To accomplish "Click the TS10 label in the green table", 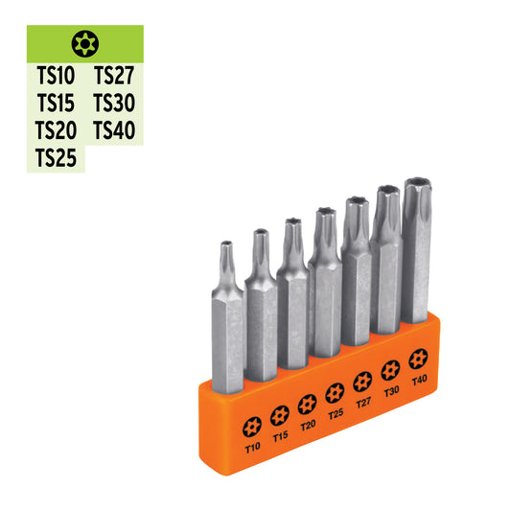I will (56, 76).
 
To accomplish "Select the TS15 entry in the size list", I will (56, 103).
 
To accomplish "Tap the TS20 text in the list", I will (56, 129).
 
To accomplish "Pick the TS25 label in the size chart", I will (56, 157).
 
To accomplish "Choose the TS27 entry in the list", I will (114, 76).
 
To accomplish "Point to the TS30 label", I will (114, 103).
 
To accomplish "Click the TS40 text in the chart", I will (114, 129).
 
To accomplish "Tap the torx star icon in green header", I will (84, 42).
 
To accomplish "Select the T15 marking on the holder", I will (280, 435).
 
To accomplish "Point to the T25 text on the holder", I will (335, 413).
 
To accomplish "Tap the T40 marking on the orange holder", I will (417, 380).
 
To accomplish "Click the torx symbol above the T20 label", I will (307, 404).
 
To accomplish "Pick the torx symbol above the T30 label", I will (390, 369).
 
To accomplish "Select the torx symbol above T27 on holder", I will (362, 381).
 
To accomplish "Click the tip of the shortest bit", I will (225, 245).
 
